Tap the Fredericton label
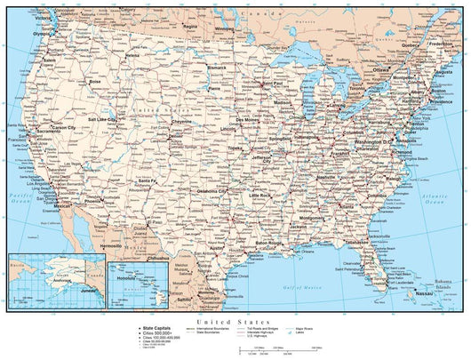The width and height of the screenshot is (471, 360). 440,42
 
